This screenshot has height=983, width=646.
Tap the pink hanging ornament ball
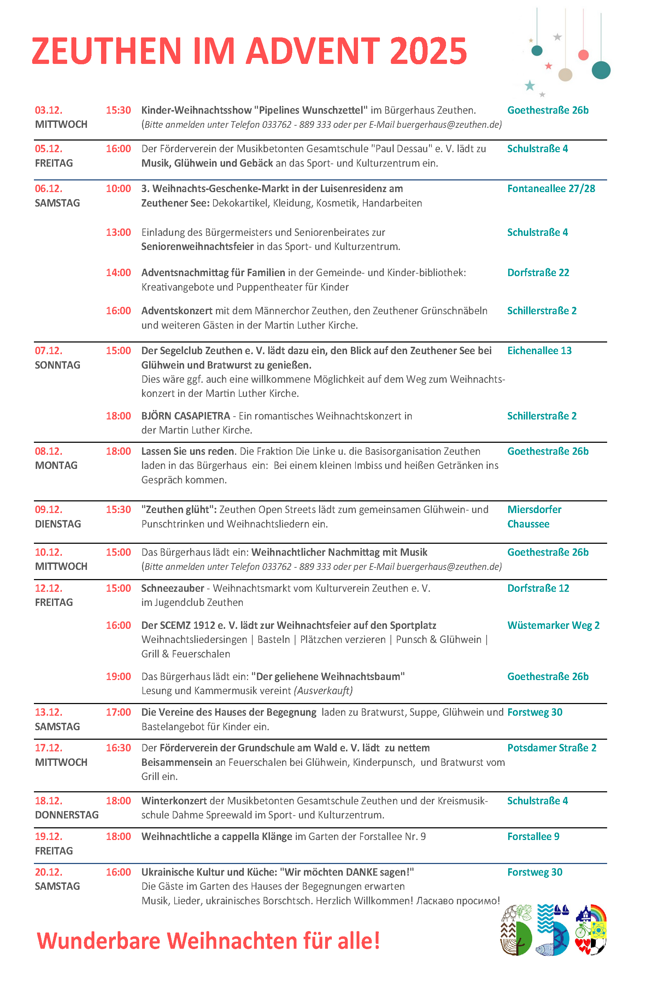click(583, 55)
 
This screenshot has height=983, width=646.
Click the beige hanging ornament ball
click(565, 75)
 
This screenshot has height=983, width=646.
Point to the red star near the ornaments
click(548, 66)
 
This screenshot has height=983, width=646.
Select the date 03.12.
click(48, 110)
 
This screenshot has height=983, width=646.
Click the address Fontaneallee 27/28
click(551, 189)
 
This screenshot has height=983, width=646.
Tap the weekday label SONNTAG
click(58, 365)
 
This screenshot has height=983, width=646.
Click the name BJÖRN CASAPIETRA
click(186, 416)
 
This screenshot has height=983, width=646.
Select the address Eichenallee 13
click(539, 351)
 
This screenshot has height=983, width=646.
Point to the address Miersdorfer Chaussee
click(534, 517)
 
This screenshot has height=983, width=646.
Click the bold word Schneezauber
click(173, 588)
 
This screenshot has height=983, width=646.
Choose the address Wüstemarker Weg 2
click(553, 625)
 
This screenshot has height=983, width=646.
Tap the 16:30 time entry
click(118, 748)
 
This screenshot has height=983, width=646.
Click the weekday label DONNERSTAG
click(66, 815)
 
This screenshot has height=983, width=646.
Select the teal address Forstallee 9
click(533, 836)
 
